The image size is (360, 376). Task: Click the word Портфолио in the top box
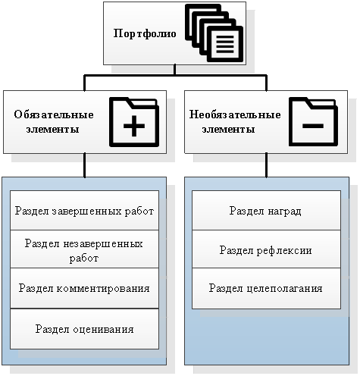coord(145,33)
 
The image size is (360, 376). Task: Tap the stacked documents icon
coord(214,33)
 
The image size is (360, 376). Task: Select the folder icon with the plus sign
coord(134,122)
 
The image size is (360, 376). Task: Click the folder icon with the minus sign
coord(313,121)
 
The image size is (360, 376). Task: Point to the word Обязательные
coord(54,114)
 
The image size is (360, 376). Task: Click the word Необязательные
coord(235,114)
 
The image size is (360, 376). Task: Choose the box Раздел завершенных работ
coord(84,210)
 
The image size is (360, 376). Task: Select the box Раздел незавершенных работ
coord(84,249)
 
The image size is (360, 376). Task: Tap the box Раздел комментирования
coord(84,288)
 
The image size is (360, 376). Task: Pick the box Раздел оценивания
coord(84,329)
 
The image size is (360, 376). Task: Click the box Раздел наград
coord(266,210)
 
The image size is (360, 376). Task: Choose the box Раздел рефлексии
coord(266,249)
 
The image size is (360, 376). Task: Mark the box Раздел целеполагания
coord(266,288)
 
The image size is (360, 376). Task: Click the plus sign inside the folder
coord(134,126)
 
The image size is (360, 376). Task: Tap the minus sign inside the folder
coord(313,126)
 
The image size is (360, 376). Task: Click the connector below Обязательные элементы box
coord(85,165)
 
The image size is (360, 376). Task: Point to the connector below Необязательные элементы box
coord(266,165)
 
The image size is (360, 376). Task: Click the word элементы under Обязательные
coord(52,129)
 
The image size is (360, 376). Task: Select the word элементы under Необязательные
coord(228,129)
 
